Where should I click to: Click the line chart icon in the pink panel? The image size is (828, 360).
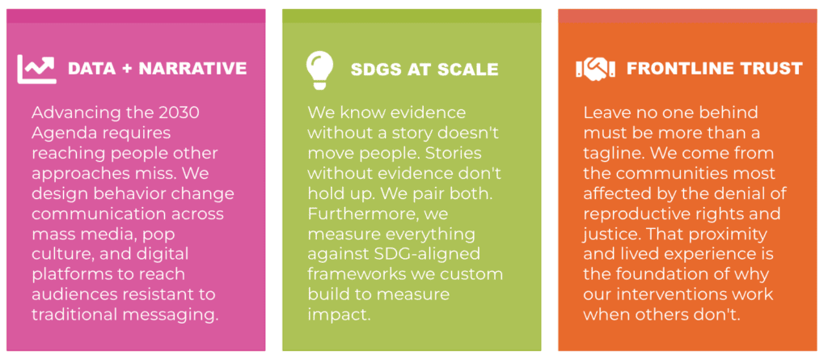37,69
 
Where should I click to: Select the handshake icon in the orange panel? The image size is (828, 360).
595,69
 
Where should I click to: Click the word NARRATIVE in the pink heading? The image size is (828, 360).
194,69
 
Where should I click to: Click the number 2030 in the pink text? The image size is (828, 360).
180,112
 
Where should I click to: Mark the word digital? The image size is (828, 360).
163,254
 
